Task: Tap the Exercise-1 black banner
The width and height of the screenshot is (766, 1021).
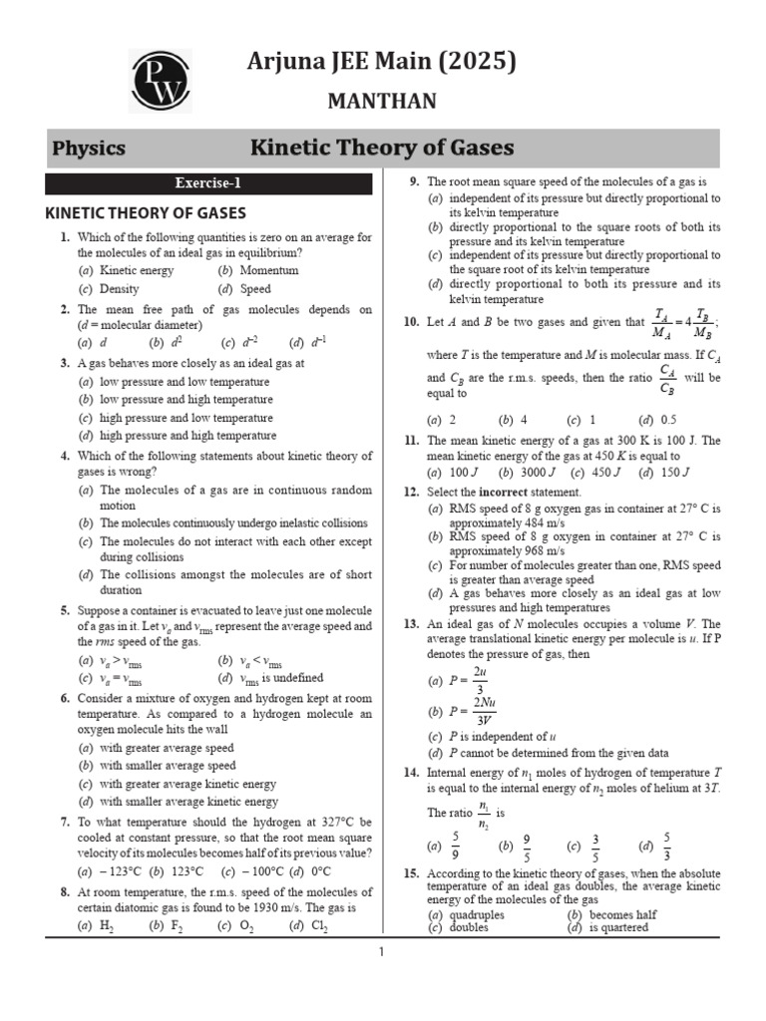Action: click(208, 182)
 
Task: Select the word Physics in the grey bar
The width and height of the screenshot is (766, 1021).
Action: click(89, 149)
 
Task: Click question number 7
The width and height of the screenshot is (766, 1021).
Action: click(63, 822)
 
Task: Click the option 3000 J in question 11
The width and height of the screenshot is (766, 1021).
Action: click(533, 473)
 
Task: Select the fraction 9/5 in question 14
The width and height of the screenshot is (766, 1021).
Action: click(527, 848)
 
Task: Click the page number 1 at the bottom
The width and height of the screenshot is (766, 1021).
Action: click(381, 952)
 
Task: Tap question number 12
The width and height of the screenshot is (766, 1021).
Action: click(411, 493)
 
